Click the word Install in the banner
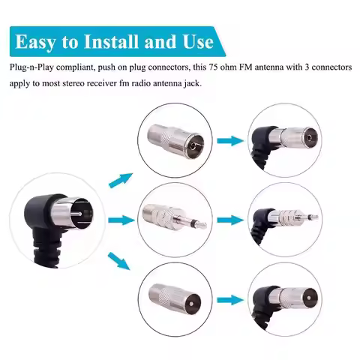click(111, 41)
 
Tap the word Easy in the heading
click(35, 43)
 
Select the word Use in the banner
click(198, 41)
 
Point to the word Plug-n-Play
click(31, 67)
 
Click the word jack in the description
click(192, 83)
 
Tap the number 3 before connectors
click(307, 67)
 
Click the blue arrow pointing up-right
click(121, 180)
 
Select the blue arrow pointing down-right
click(119, 261)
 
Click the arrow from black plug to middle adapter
click(121, 220)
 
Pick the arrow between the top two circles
click(230, 141)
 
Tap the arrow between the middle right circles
click(230, 220)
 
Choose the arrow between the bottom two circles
click(230, 300)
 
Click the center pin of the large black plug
click(74, 214)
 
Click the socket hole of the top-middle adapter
click(193, 147)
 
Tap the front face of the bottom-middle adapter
click(192, 303)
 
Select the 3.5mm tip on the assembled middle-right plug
click(313, 217)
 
